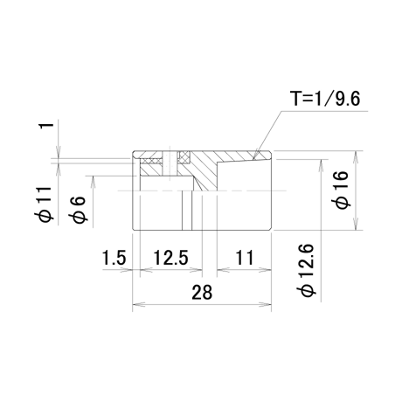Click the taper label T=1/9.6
326,99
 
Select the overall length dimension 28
202,292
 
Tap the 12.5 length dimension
171,258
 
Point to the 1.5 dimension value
114,258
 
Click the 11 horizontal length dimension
245,258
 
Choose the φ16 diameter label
342,190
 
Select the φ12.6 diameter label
307,270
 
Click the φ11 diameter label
44,204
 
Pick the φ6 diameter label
79,210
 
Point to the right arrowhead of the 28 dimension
266,305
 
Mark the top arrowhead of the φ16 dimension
355,157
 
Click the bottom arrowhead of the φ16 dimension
355,224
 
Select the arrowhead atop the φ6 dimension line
93,182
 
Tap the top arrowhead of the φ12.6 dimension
321,166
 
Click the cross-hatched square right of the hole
184,157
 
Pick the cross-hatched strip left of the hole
151,161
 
